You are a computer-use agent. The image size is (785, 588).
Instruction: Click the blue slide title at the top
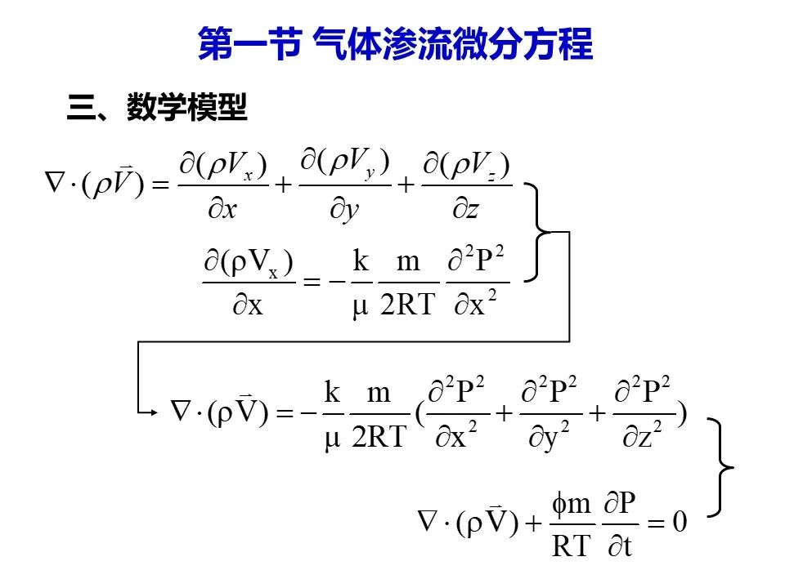click(x=395, y=43)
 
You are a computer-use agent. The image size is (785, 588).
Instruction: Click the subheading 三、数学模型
click(x=157, y=106)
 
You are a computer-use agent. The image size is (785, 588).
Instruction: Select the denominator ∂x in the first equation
click(x=222, y=209)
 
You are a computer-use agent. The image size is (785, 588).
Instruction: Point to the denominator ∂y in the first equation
click(x=344, y=210)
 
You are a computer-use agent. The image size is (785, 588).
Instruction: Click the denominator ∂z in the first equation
click(x=465, y=209)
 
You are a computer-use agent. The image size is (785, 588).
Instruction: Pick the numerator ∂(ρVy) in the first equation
click(x=345, y=163)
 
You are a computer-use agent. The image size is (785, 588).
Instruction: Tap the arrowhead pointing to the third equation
click(x=153, y=412)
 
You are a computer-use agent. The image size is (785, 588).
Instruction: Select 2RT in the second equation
click(x=407, y=305)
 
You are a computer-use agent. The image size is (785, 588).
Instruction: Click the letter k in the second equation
click(x=361, y=261)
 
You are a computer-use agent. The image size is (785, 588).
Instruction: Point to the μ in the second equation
click(x=361, y=306)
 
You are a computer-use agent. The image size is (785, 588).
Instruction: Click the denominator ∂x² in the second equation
click(x=476, y=304)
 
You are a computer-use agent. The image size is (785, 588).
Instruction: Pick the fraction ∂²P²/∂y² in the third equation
click(x=549, y=412)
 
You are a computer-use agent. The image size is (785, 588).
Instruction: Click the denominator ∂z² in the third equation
click(x=643, y=435)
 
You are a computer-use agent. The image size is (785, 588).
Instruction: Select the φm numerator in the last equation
click(x=572, y=504)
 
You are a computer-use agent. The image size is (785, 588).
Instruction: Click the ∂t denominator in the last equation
click(x=620, y=546)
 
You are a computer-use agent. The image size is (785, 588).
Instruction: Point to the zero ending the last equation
click(x=680, y=522)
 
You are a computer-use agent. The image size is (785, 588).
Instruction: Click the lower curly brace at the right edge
click(x=720, y=467)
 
